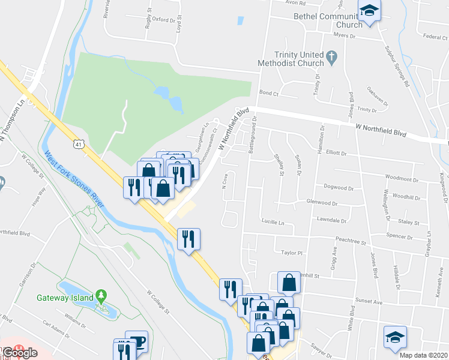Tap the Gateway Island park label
point(65,298)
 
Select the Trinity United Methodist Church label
point(291,58)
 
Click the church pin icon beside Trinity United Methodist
point(333,58)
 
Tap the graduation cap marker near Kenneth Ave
point(396,337)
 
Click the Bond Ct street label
point(269,93)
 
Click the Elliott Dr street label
point(336,153)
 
